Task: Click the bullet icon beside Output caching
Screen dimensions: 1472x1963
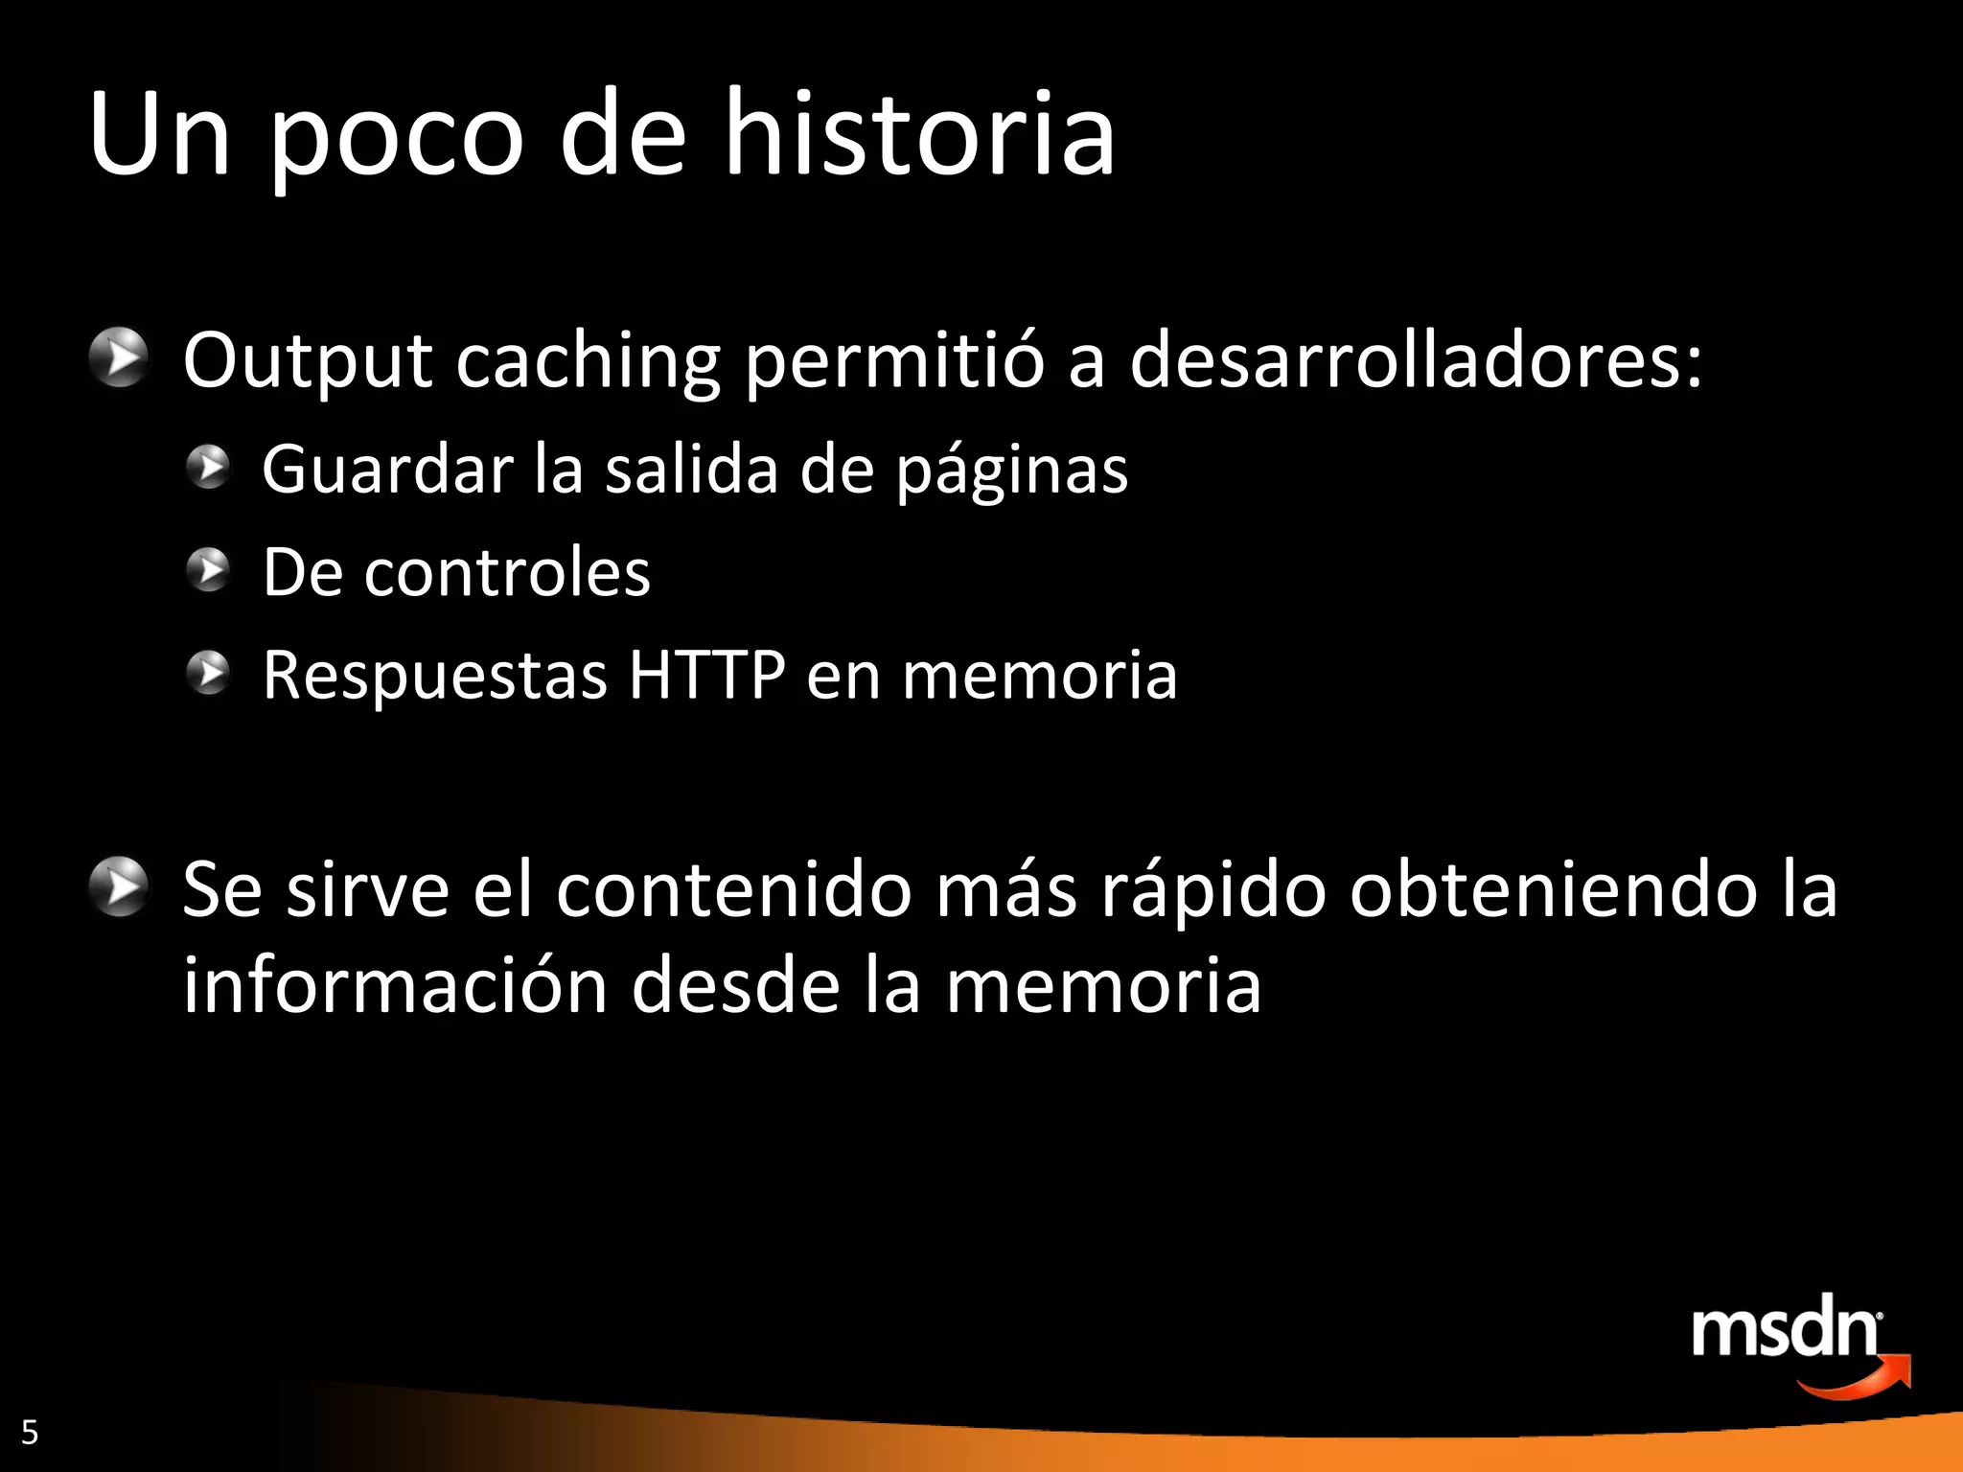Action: pyautogui.click(x=119, y=357)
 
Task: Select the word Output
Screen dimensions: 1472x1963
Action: pyautogui.click(x=308, y=361)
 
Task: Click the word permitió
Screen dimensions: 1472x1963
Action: pyautogui.click(x=893, y=361)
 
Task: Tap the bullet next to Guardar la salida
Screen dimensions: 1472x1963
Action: pyautogui.click(x=208, y=468)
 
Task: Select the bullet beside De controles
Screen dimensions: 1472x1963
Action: pyautogui.click(x=208, y=570)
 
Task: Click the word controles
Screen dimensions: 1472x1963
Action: pyautogui.click(x=506, y=573)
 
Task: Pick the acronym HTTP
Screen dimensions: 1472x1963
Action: pyautogui.click(x=706, y=675)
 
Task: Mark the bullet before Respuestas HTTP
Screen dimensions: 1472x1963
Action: pyautogui.click(x=208, y=673)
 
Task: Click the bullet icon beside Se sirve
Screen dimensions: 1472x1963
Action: pyautogui.click(x=119, y=886)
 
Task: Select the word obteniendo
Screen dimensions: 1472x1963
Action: pyautogui.click(x=1553, y=889)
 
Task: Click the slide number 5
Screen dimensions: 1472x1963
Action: pyautogui.click(x=30, y=1433)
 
